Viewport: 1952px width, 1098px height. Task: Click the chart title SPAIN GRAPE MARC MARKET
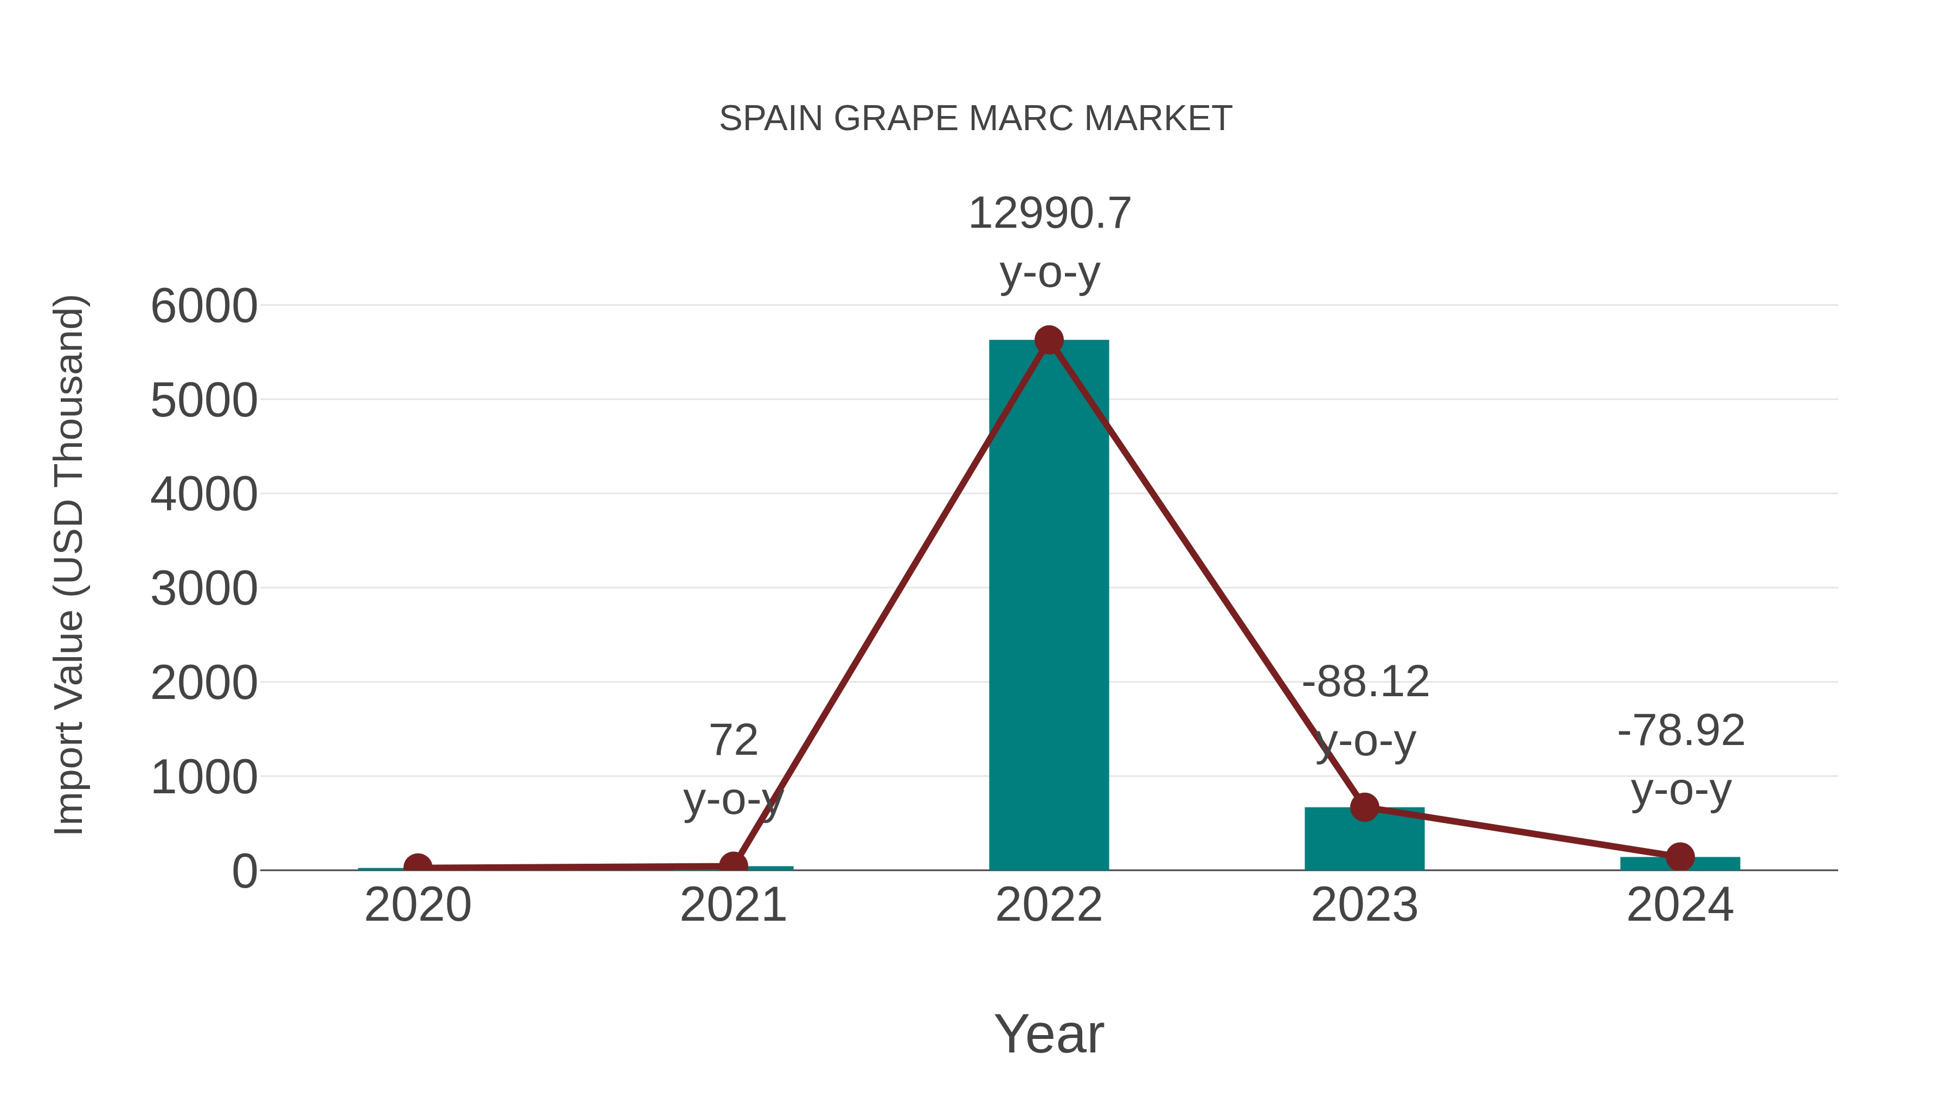point(975,119)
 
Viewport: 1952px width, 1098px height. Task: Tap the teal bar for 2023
point(1364,841)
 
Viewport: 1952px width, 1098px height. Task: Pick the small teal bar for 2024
point(1680,864)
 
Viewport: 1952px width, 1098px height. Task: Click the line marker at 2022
point(1049,340)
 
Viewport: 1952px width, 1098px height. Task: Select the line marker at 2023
point(1364,808)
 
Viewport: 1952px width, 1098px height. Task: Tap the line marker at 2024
point(1680,857)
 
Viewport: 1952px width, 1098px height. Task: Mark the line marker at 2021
point(733,865)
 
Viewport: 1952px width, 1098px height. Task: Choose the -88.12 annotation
point(1365,682)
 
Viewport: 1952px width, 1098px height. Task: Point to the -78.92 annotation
point(1681,731)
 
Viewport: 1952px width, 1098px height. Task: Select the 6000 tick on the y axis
point(204,306)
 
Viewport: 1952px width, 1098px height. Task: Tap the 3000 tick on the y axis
point(204,589)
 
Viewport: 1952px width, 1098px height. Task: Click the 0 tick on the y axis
point(244,871)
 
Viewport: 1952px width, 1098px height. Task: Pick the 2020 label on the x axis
point(418,905)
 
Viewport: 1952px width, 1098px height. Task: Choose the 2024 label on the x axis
point(1680,905)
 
